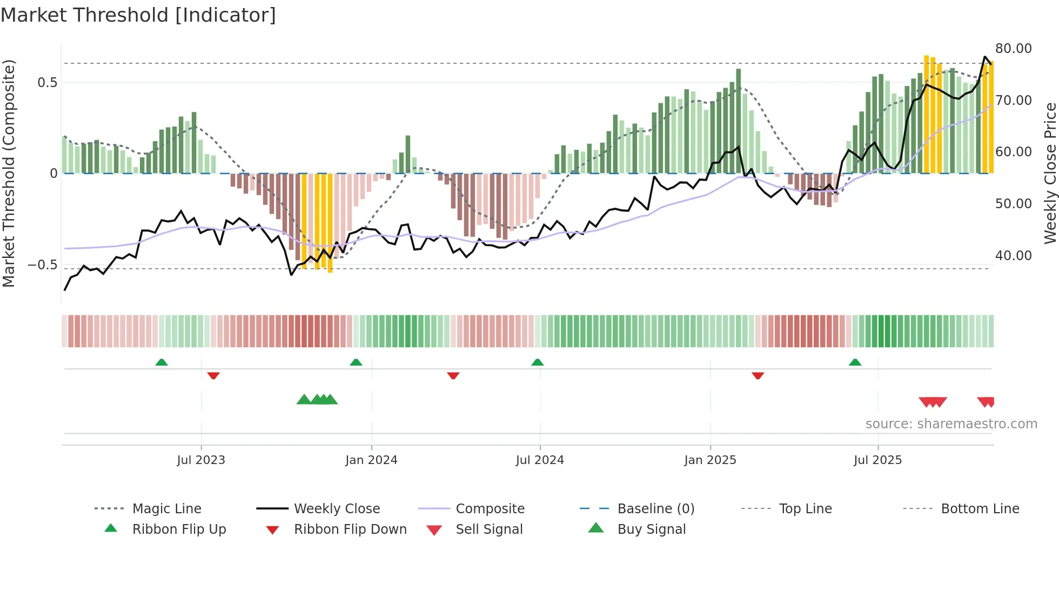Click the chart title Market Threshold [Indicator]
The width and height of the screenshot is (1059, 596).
pos(138,15)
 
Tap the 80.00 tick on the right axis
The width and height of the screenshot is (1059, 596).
pos(1013,49)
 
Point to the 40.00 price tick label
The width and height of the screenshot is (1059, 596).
pos(1013,255)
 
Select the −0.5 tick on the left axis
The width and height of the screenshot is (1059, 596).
pos(43,265)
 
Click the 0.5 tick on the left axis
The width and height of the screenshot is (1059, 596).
pos(47,83)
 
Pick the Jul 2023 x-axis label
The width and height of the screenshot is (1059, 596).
pos(201,460)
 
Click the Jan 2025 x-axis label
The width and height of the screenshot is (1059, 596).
pos(710,460)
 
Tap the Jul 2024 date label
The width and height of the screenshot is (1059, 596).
pos(540,460)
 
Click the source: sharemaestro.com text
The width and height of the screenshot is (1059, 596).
pos(951,424)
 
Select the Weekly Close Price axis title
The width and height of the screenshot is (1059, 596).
pos(1050,173)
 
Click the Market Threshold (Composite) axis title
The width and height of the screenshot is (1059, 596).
pos(9,173)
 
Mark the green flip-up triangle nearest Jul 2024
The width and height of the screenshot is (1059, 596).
pos(537,362)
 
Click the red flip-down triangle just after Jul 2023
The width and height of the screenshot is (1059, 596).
pos(213,375)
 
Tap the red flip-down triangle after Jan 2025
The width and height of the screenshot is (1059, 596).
pos(758,375)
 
